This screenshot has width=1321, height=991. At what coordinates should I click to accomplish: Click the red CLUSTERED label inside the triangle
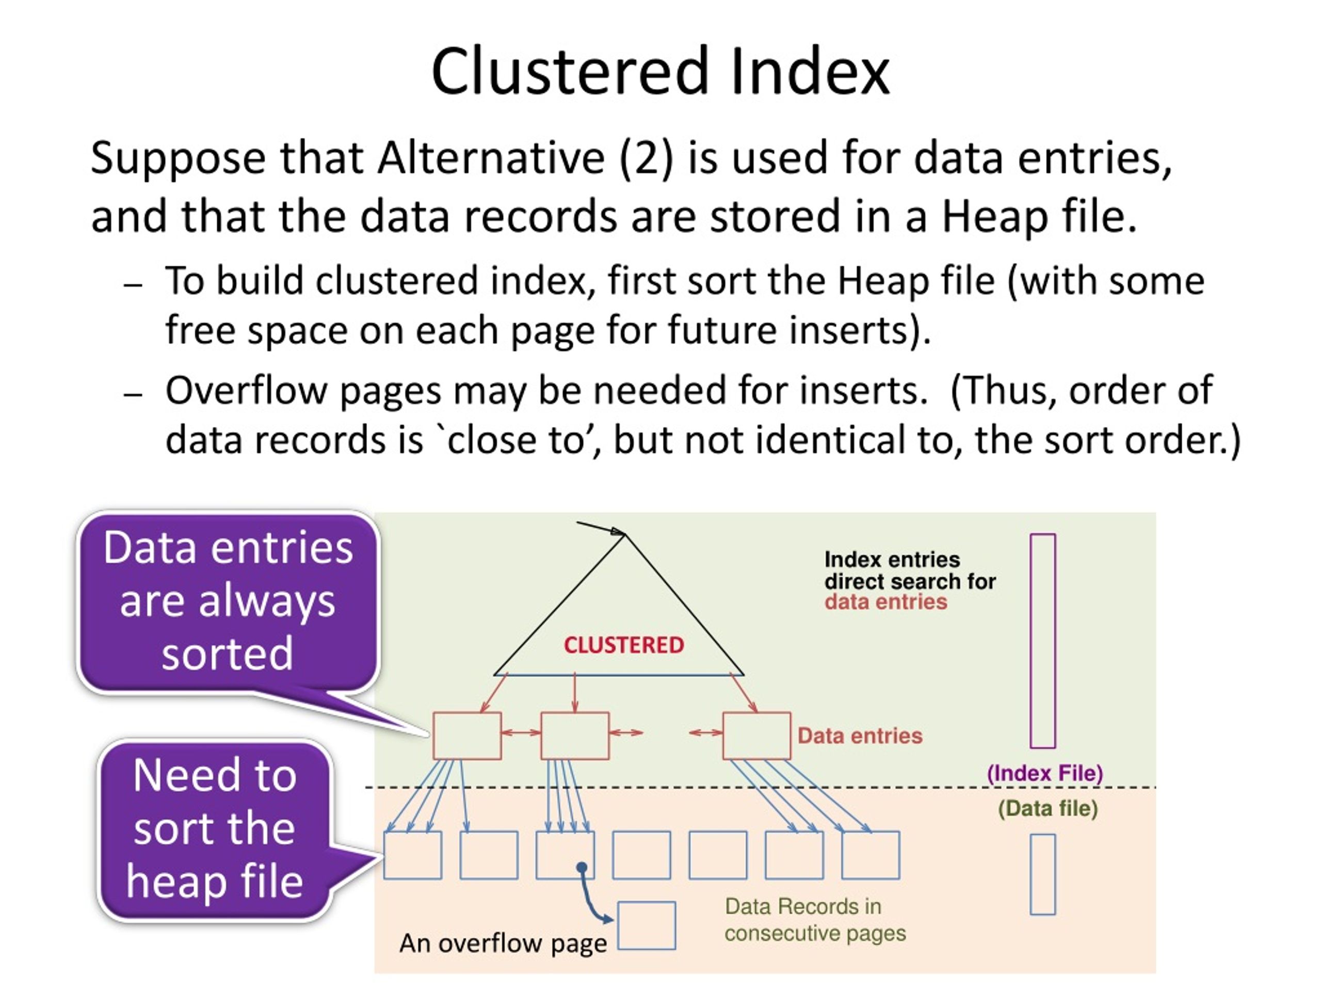click(x=623, y=645)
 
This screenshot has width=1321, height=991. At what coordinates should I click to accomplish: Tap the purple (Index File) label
click(x=1044, y=773)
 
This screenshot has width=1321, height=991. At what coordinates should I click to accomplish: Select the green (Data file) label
click(x=1048, y=808)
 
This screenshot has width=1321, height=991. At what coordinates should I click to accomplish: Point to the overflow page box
click(x=646, y=925)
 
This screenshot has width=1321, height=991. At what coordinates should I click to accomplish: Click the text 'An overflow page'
click(x=503, y=943)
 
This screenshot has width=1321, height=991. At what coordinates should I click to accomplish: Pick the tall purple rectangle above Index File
click(x=1043, y=641)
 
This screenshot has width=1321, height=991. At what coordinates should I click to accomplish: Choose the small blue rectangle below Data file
click(x=1043, y=874)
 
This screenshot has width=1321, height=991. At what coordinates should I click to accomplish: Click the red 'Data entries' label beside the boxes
click(x=860, y=736)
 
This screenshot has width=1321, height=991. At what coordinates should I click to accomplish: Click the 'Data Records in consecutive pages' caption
click(x=815, y=920)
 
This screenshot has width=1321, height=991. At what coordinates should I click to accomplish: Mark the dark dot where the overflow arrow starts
click(x=582, y=867)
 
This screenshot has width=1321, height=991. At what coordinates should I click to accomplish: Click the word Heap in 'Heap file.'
click(x=994, y=216)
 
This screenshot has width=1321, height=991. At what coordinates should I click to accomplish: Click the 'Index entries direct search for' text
click(x=910, y=570)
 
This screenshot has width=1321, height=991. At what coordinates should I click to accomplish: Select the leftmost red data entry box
click(x=466, y=736)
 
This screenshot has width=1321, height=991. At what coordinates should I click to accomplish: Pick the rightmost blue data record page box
click(x=870, y=855)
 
